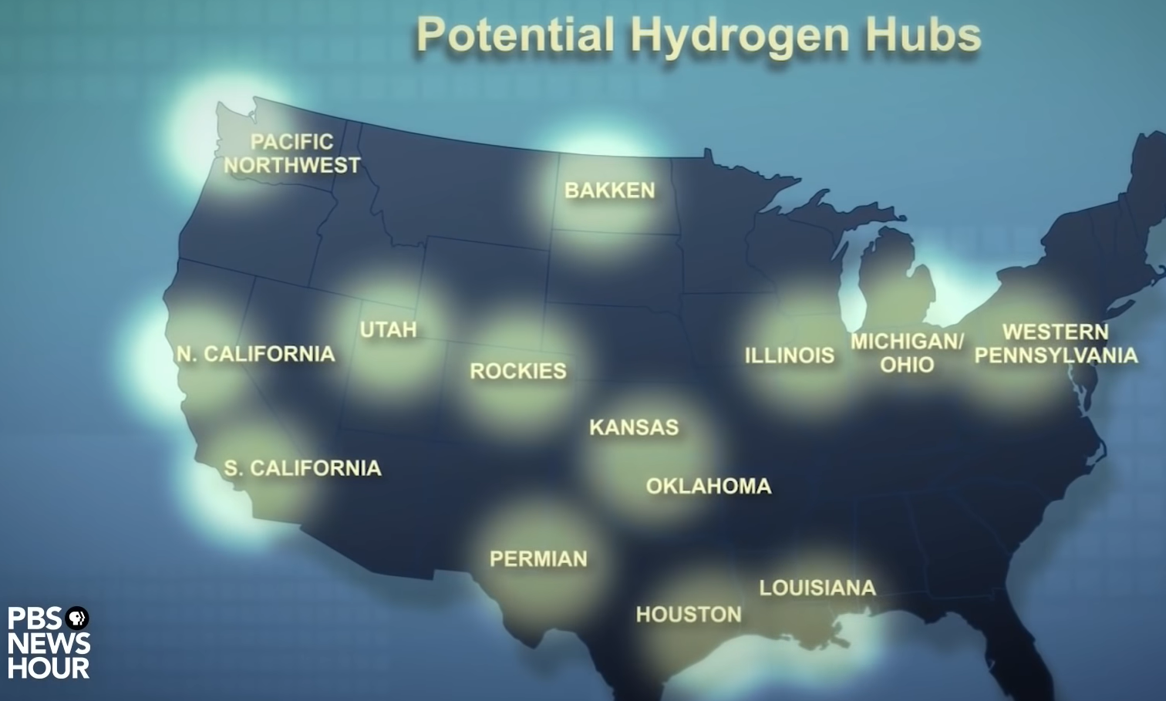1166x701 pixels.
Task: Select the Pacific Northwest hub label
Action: (x=292, y=153)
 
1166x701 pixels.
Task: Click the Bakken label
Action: (x=609, y=190)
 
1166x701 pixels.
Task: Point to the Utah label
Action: (x=388, y=330)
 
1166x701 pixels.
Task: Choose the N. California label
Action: (x=255, y=354)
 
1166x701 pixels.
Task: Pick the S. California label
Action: (x=302, y=468)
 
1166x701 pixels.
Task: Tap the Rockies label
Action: (x=518, y=371)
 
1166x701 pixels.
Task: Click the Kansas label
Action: (x=634, y=427)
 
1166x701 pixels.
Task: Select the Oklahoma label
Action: (x=709, y=486)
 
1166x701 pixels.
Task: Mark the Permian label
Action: (x=538, y=558)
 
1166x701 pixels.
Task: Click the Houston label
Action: (x=689, y=615)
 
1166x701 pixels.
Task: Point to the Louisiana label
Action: (x=817, y=588)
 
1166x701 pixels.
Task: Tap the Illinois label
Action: (x=789, y=356)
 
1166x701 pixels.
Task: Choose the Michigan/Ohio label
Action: (x=907, y=352)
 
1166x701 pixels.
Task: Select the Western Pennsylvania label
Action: (x=1056, y=343)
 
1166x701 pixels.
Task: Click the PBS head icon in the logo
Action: (x=77, y=618)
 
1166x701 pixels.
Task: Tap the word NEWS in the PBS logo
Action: (x=49, y=643)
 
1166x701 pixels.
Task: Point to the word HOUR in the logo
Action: (x=49, y=667)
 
